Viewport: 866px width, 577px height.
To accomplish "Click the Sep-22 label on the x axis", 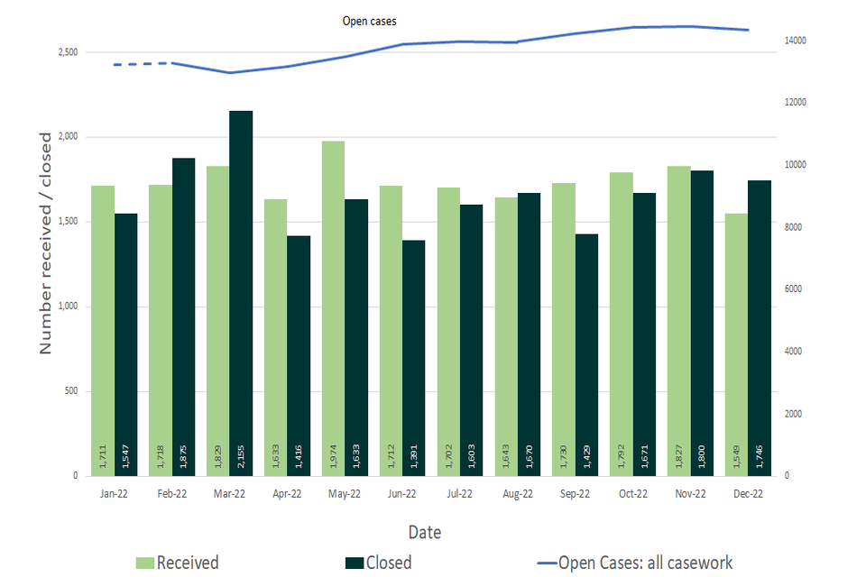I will (x=575, y=493).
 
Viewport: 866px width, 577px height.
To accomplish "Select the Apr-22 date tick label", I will (x=287, y=493).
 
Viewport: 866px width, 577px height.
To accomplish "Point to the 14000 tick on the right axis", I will (x=795, y=41).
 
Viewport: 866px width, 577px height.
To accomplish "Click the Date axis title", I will (x=424, y=532).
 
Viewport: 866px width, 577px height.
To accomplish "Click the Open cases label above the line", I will (x=369, y=21).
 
